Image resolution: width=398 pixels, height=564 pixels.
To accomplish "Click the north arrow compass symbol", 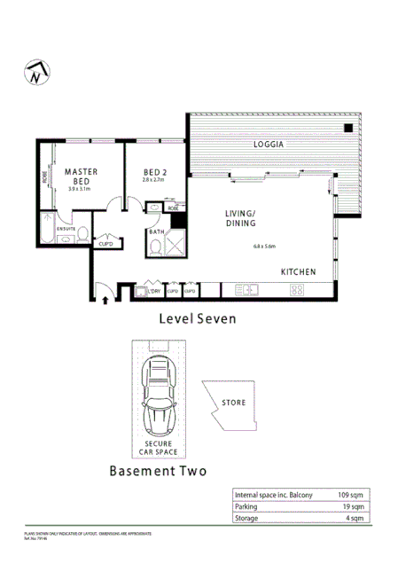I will coord(36,74).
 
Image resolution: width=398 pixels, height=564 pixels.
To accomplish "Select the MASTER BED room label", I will coord(79,176).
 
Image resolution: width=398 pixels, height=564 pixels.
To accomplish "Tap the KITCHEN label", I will coord(300,270).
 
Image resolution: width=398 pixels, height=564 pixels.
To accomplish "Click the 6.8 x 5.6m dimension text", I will coord(264,246).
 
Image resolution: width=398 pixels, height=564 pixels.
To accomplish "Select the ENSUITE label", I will coord(66,228).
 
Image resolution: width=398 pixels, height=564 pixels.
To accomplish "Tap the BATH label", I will coord(155,232).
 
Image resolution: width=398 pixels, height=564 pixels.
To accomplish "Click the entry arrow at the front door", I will coord(105,299).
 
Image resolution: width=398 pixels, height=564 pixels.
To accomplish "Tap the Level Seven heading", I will coord(197,319).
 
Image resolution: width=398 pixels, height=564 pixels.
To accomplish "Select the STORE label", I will coord(234,403).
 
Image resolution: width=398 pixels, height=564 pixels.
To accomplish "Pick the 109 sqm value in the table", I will coord(347,495).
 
